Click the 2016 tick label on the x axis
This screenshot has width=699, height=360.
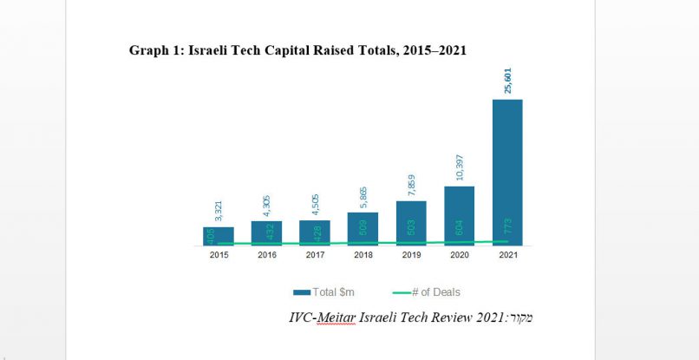pyautogui.click(x=266, y=256)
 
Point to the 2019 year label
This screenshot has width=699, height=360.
pyautogui.click(x=411, y=256)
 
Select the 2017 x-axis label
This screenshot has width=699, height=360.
pyautogui.click(x=315, y=256)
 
